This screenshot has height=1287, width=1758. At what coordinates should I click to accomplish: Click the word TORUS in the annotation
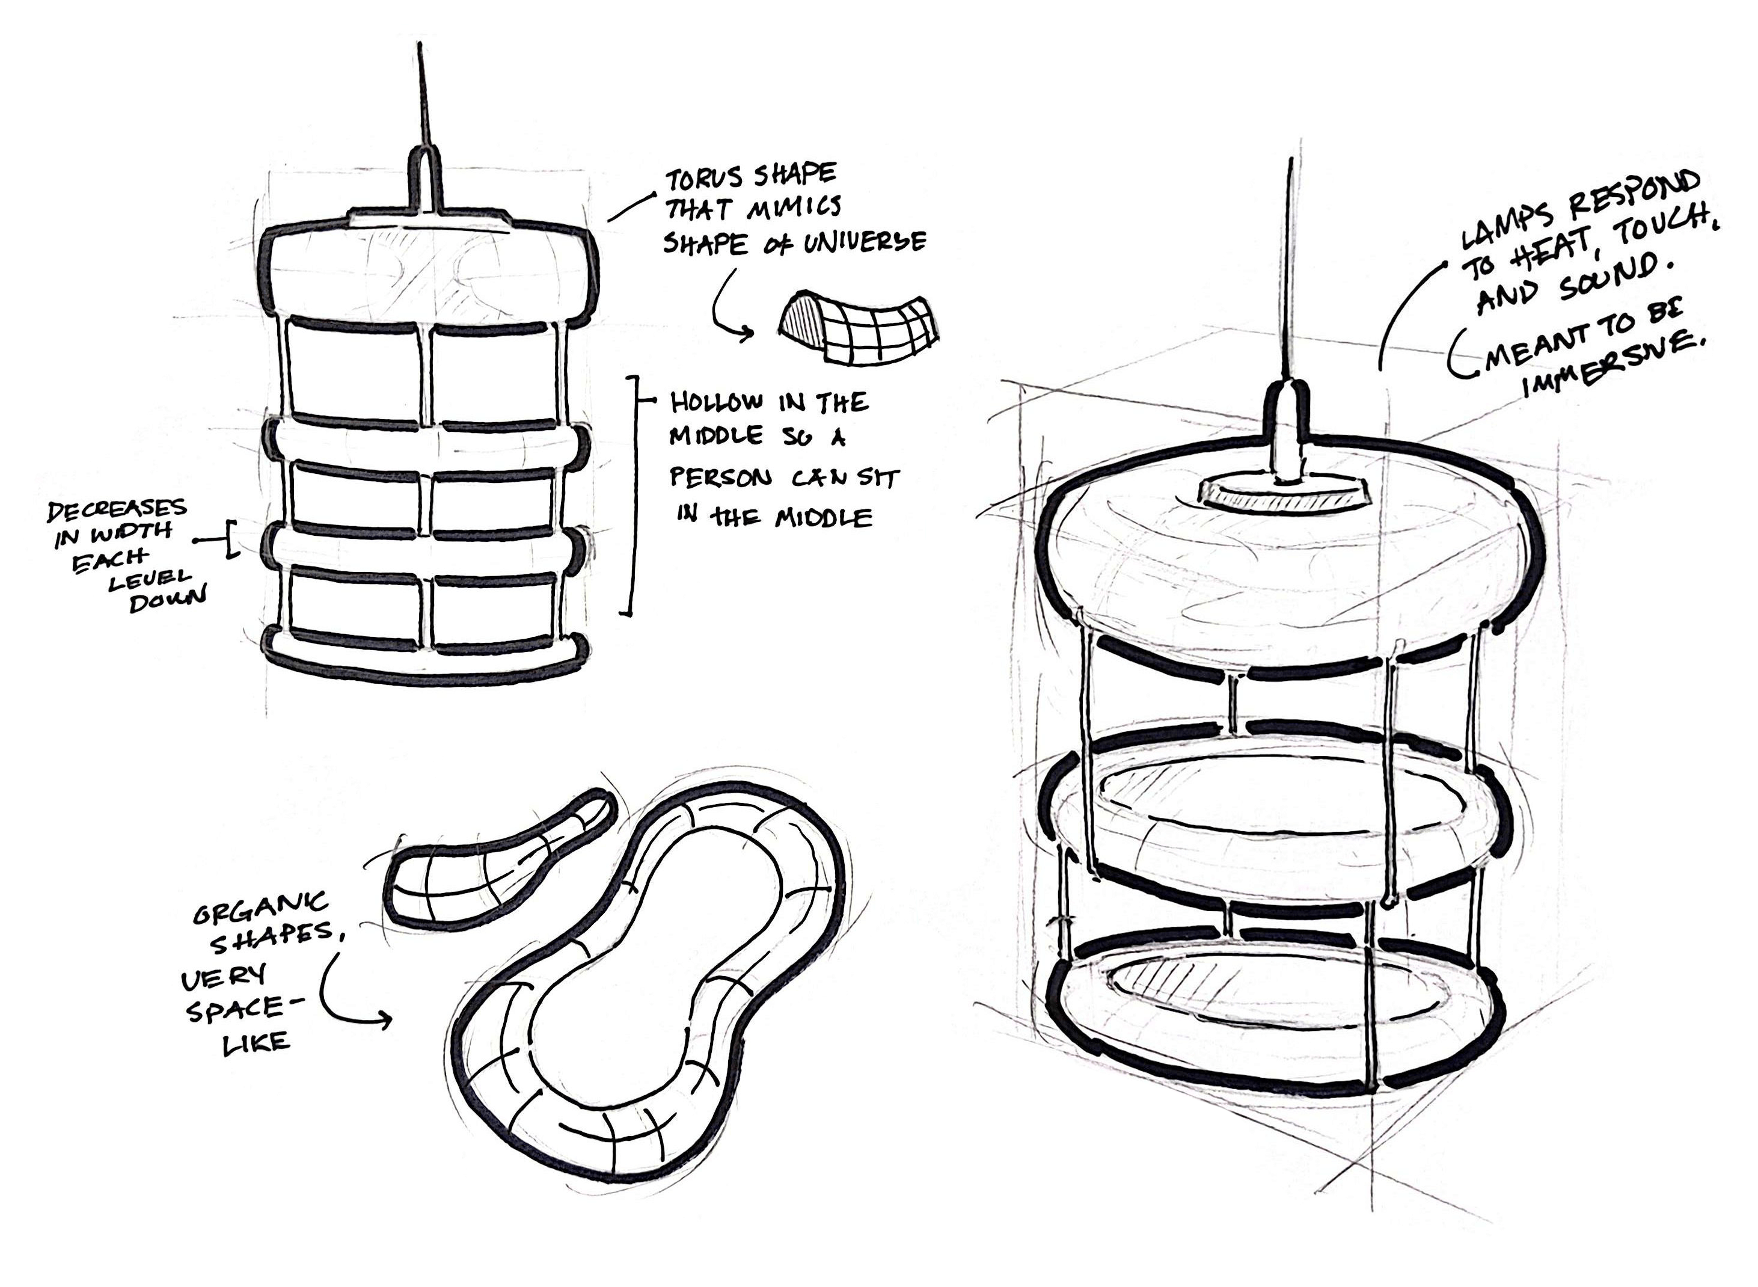[x=703, y=179]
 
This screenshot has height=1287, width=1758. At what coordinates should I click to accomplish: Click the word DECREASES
[x=117, y=510]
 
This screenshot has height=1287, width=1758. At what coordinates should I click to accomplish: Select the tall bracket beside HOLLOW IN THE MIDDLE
[x=635, y=496]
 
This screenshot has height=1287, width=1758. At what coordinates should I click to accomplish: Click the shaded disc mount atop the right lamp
[x=1284, y=494]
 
